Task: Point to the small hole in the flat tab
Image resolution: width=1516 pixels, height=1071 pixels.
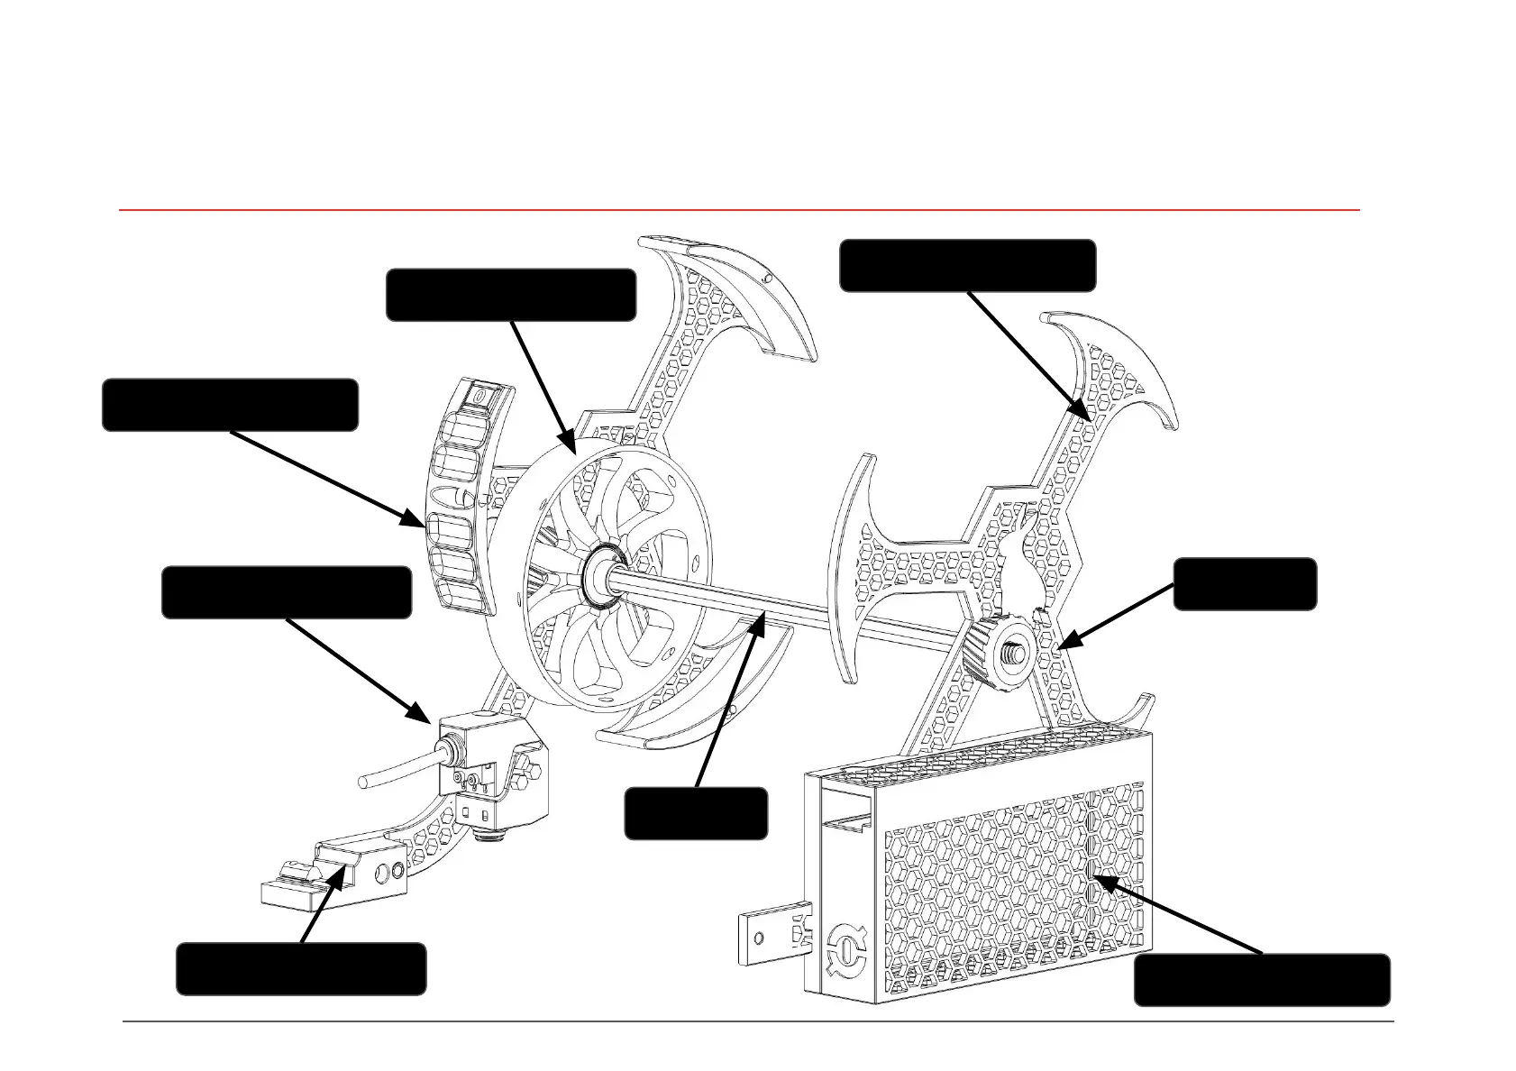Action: coord(759,938)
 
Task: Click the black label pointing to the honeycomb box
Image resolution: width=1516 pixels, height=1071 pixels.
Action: coord(1261,980)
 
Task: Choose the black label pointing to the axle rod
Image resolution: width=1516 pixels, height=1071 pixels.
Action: coord(696,813)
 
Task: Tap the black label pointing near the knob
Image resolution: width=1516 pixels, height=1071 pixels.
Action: coord(1245,584)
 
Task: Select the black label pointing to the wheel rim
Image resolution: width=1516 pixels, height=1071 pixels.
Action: coord(511,295)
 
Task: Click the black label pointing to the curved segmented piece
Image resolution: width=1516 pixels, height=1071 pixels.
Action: coord(230,405)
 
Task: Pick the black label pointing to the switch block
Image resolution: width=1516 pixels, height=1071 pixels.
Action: coord(287,592)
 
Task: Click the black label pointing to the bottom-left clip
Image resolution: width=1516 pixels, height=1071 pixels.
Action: coord(301,969)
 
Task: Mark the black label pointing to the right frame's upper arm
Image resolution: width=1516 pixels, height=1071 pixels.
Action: coord(967,266)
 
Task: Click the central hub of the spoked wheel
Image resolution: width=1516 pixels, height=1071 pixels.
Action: coord(598,572)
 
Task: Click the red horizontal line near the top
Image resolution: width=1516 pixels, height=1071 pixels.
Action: coord(739,210)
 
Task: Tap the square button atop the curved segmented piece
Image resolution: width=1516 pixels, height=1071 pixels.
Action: coord(475,394)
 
